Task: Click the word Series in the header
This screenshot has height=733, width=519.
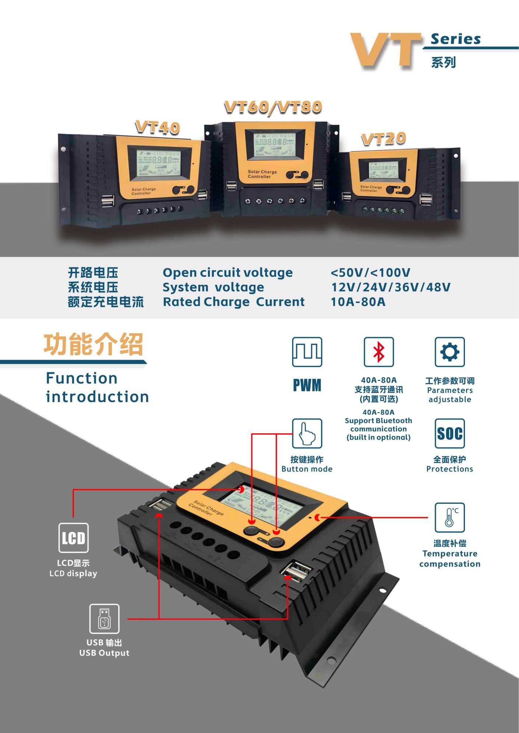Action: (x=456, y=39)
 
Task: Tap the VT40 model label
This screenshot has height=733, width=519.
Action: (x=158, y=127)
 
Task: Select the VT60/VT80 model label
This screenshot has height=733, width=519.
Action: (x=273, y=107)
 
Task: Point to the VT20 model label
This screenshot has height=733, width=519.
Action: (x=383, y=139)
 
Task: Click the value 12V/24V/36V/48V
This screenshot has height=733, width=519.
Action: (x=391, y=287)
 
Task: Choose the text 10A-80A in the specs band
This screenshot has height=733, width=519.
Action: (x=358, y=302)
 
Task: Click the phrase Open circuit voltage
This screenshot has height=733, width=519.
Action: (x=227, y=273)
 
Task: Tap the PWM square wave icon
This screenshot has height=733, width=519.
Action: (x=307, y=352)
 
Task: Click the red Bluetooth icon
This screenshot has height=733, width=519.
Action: (x=378, y=352)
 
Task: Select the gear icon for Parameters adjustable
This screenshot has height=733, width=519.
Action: (x=449, y=352)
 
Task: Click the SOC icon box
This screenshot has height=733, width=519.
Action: (x=449, y=433)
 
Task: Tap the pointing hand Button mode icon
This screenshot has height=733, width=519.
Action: (x=307, y=433)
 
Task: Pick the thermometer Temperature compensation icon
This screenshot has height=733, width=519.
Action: (x=449, y=517)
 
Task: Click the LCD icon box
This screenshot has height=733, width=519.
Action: (x=73, y=538)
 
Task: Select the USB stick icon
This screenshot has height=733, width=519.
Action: (x=104, y=619)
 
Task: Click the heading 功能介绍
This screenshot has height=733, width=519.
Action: (x=93, y=345)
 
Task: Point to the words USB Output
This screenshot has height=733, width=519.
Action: (x=104, y=653)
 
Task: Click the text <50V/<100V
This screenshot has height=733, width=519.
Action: (x=370, y=273)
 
